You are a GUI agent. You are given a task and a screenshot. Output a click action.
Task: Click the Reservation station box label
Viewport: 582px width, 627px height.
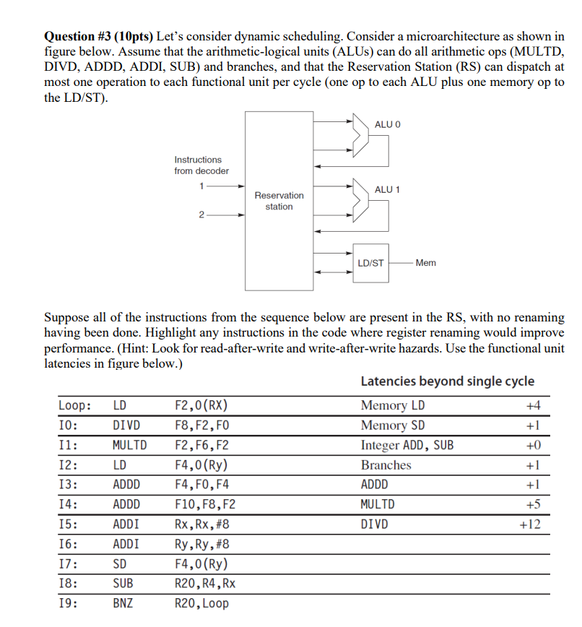[279, 201]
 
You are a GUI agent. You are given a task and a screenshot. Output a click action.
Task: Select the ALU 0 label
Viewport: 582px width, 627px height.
[387, 125]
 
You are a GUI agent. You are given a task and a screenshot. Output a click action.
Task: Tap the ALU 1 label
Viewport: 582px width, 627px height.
[387, 189]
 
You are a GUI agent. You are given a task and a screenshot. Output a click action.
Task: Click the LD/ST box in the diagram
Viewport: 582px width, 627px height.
[370, 263]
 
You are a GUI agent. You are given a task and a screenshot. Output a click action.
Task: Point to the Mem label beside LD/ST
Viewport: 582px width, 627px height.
[426, 263]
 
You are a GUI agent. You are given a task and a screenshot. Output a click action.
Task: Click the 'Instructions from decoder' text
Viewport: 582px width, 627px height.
[201, 165]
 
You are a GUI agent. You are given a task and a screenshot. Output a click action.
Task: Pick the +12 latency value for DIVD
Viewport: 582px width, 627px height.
[530, 524]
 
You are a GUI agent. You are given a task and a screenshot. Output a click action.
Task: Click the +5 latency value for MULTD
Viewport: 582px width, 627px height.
[533, 504]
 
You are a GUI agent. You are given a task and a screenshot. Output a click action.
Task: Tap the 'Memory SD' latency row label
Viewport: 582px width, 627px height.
[393, 425]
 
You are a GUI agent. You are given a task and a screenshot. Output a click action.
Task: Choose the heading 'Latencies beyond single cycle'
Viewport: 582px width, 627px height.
[447, 381]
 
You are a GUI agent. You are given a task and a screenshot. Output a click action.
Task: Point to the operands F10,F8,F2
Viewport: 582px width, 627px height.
[206, 504]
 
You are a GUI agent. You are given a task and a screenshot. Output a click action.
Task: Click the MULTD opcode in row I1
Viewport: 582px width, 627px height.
[129, 446]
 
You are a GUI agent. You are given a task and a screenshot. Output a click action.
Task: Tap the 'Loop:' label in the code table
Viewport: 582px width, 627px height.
[75, 406]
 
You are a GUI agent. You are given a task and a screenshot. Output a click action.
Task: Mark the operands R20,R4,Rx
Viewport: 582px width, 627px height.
[205, 582]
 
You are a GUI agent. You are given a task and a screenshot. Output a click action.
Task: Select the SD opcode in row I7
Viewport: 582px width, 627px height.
[120, 563]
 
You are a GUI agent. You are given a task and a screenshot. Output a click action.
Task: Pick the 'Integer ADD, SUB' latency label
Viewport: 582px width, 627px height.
[407, 446]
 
